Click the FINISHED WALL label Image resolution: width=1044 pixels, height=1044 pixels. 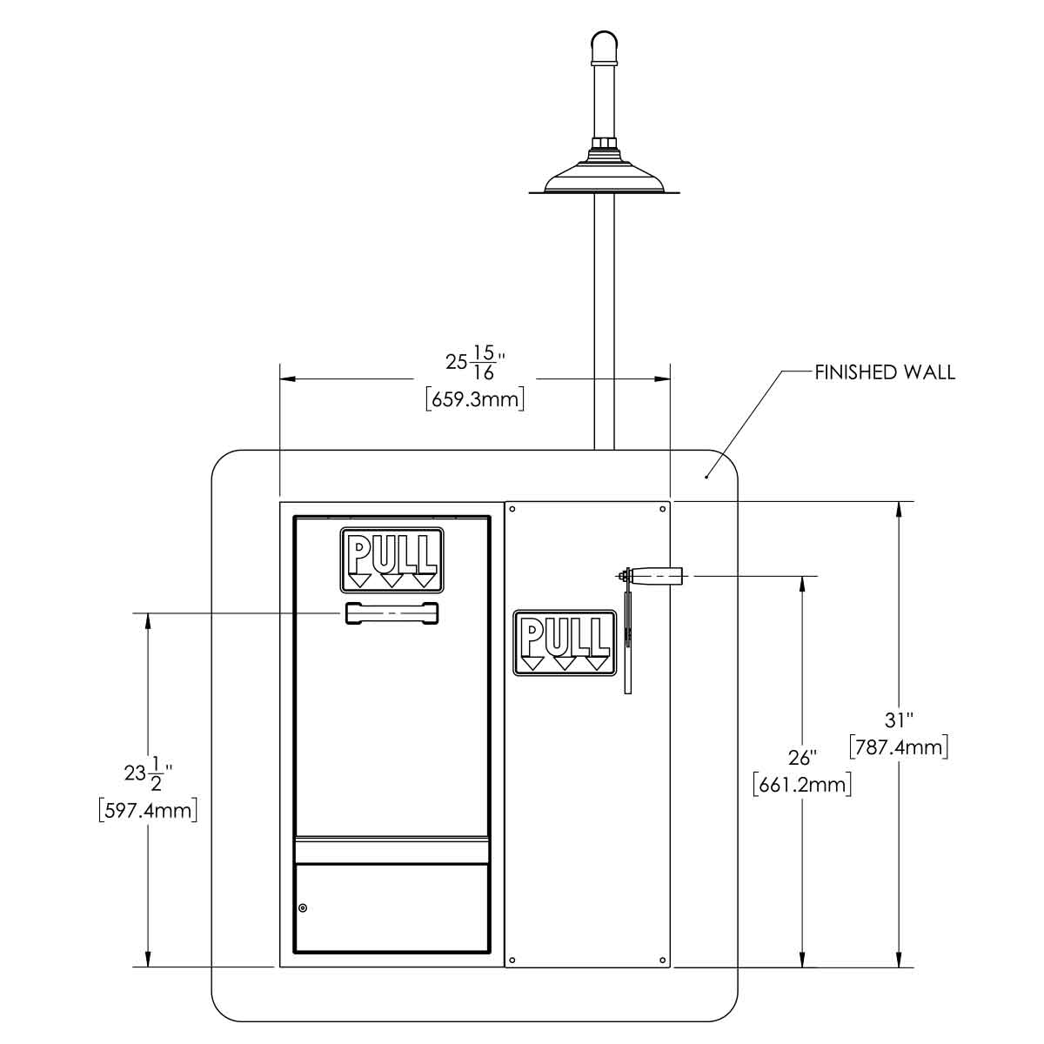(x=885, y=372)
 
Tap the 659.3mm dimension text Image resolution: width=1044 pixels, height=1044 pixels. (x=475, y=400)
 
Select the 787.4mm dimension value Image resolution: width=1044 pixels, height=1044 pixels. (x=899, y=747)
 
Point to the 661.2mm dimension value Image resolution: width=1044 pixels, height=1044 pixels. (x=802, y=785)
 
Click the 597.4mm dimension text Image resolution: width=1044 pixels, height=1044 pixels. (x=148, y=811)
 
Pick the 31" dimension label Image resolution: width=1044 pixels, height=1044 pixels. (x=899, y=720)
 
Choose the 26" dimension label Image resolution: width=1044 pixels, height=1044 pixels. (x=802, y=758)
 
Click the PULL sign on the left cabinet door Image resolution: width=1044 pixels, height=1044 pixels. (x=391, y=560)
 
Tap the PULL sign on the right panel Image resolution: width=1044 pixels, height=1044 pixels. (x=565, y=644)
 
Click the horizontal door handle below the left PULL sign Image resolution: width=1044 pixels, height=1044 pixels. (x=391, y=613)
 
